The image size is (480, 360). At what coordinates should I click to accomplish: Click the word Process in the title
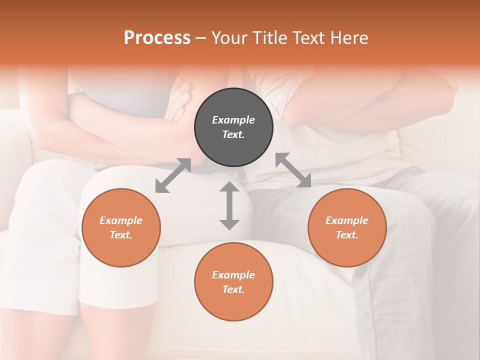click(x=157, y=38)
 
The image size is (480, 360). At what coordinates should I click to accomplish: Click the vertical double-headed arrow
click(x=229, y=205)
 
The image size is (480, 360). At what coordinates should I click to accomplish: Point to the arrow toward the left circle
click(x=173, y=175)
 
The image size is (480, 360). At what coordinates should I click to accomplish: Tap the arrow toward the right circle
click(x=293, y=170)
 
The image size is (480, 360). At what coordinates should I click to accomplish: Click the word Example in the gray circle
click(x=233, y=120)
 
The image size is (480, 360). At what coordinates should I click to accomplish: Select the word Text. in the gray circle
click(x=233, y=134)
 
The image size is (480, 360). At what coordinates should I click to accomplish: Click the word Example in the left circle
click(x=121, y=220)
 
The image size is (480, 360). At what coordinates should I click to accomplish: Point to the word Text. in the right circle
click(x=347, y=235)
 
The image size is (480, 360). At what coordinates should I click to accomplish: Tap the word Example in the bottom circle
click(x=233, y=275)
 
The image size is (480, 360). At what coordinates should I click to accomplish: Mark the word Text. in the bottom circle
click(x=233, y=289)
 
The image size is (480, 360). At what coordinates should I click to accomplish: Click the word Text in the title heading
click(x=306, y=38)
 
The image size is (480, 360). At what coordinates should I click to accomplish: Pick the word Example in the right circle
click(x=347, y=220)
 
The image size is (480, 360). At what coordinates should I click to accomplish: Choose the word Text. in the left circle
click(x=121, y=235)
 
